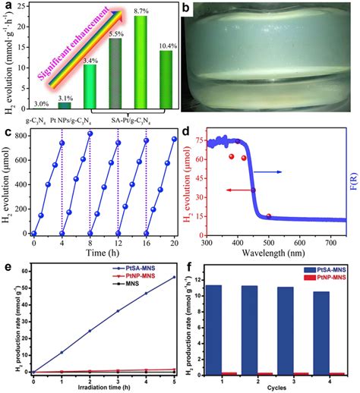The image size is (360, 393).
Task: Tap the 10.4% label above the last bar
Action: [x=166, y=46]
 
